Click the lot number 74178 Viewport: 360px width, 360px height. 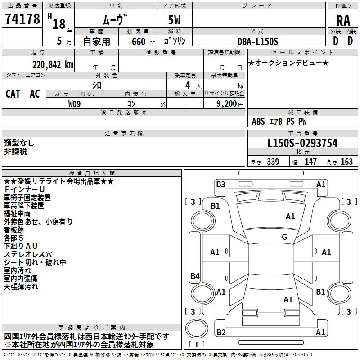pos(22,18)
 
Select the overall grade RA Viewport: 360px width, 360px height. pos(343,21)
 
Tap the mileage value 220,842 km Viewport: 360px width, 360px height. pos(53,65)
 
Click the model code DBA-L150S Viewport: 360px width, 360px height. pos(258,41)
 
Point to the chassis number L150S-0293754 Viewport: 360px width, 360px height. pos(302,143)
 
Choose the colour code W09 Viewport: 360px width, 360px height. pos(74,104)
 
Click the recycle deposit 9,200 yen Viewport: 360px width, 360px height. pos(230,104)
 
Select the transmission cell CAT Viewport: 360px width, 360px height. pos(13,94)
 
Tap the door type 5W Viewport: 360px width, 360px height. pos(174,20)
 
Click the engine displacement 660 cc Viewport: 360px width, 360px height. pos(143,41)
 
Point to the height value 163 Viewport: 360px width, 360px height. pos(346,162)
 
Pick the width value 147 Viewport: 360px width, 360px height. pos(310,162)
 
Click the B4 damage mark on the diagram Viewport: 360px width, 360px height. pos(195,276)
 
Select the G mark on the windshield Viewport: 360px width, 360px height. pos(284,237)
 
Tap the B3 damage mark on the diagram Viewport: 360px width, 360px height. pos(220,184)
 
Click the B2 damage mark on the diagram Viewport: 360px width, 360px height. pos(221,332)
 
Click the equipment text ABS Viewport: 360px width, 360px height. pos(258,121)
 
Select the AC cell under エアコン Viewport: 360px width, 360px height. pos(35,94)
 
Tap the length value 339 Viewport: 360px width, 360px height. pos(273,162)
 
